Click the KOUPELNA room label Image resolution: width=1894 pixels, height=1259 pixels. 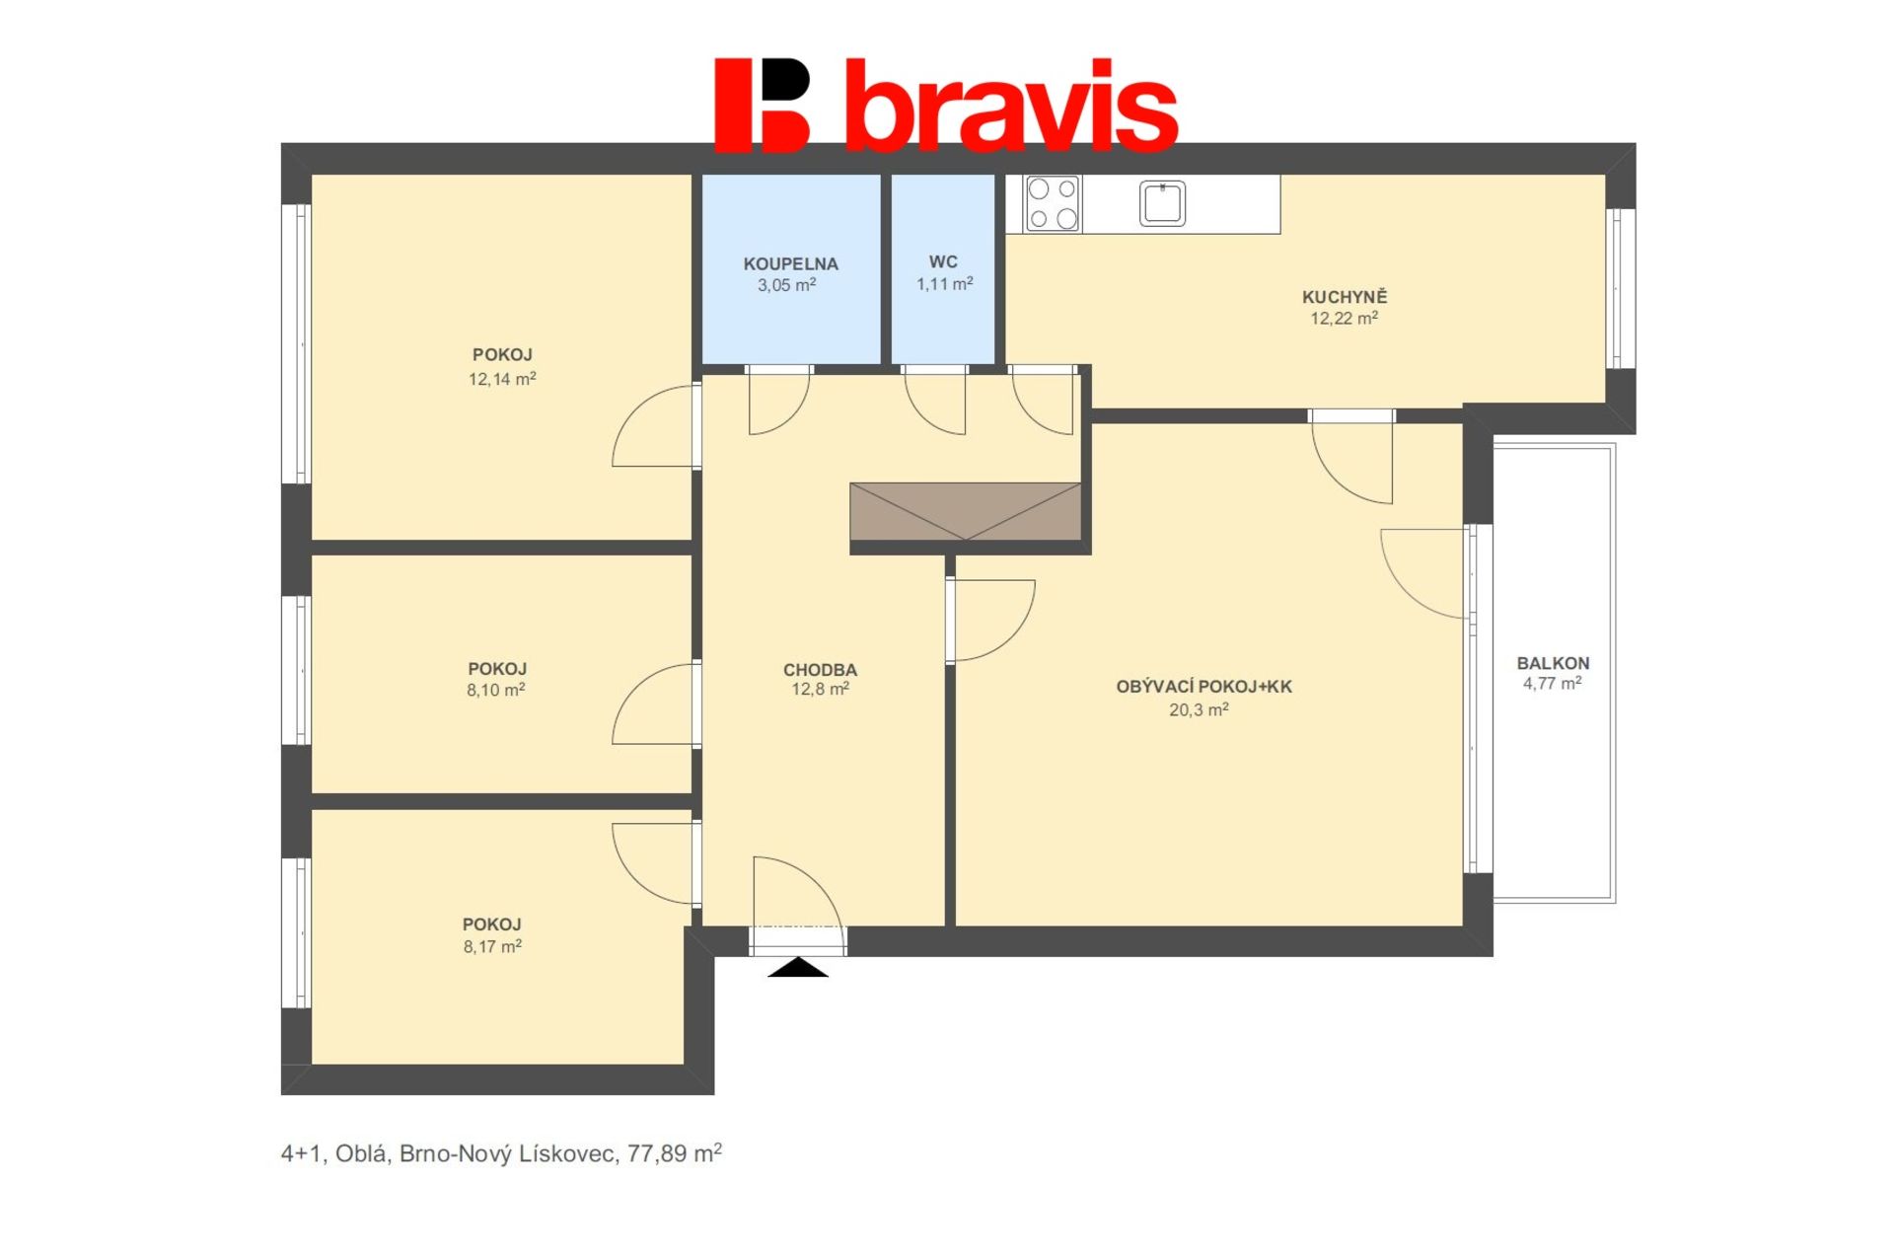coord(790,264)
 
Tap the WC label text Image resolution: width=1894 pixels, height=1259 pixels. coord(943,262)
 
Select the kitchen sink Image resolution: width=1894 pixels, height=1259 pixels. coord(1162,203)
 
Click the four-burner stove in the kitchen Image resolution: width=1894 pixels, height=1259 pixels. coord(1053,203)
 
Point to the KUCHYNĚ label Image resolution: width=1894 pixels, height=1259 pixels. coord(1344,296)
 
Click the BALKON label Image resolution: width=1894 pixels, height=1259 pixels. coord(1553,663)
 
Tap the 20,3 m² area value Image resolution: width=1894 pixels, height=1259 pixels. coord(1199,709)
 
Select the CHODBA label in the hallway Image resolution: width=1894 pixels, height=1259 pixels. coord(820,670)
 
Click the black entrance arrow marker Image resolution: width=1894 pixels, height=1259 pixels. coord(798,967)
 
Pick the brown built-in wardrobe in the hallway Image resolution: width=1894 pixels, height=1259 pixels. coord(965,511)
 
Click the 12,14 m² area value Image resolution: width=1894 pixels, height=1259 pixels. coord(502,378)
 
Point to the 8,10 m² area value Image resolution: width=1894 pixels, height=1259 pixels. coord(495,690)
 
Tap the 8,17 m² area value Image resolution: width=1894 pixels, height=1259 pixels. coord(492,946)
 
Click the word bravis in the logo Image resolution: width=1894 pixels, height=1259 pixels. coord(1012,106)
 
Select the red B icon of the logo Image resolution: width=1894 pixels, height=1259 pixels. coord(762,106)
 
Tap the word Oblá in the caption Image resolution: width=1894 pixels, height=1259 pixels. coord(360,1153)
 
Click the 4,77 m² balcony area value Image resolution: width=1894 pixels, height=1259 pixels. coord(1553,683)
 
